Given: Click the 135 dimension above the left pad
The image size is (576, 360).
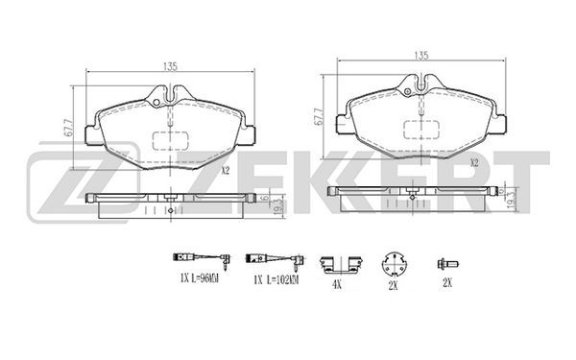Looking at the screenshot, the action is tap(171, 66).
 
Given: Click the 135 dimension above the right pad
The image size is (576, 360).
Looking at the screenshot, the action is tap(421, 56).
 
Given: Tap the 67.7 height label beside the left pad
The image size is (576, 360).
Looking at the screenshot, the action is tap(68, 128).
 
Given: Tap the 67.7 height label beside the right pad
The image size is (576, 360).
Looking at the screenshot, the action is tap(319, 117).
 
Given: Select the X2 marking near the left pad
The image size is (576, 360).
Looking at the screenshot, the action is tap(226, 171).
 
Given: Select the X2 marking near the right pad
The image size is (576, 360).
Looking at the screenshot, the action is tap(474, 163).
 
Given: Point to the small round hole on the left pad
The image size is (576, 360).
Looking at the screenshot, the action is tap(156, 103).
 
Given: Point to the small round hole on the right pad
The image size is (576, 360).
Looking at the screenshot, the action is tap(407, 92).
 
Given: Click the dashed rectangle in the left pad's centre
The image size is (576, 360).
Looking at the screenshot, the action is tap(171, 141).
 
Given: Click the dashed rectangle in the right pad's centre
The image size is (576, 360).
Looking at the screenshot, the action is tap(421, 130).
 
